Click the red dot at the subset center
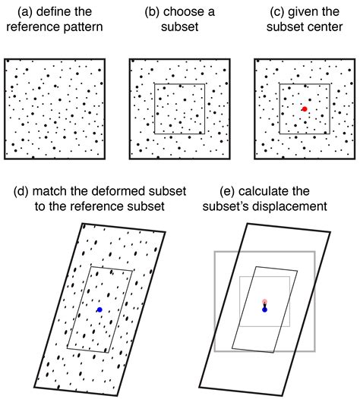[x=305, y=109]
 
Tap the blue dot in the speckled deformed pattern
[x=99, y=309]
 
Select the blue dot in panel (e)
[x=264, y=309]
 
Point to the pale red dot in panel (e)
[x=264, y=301]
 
